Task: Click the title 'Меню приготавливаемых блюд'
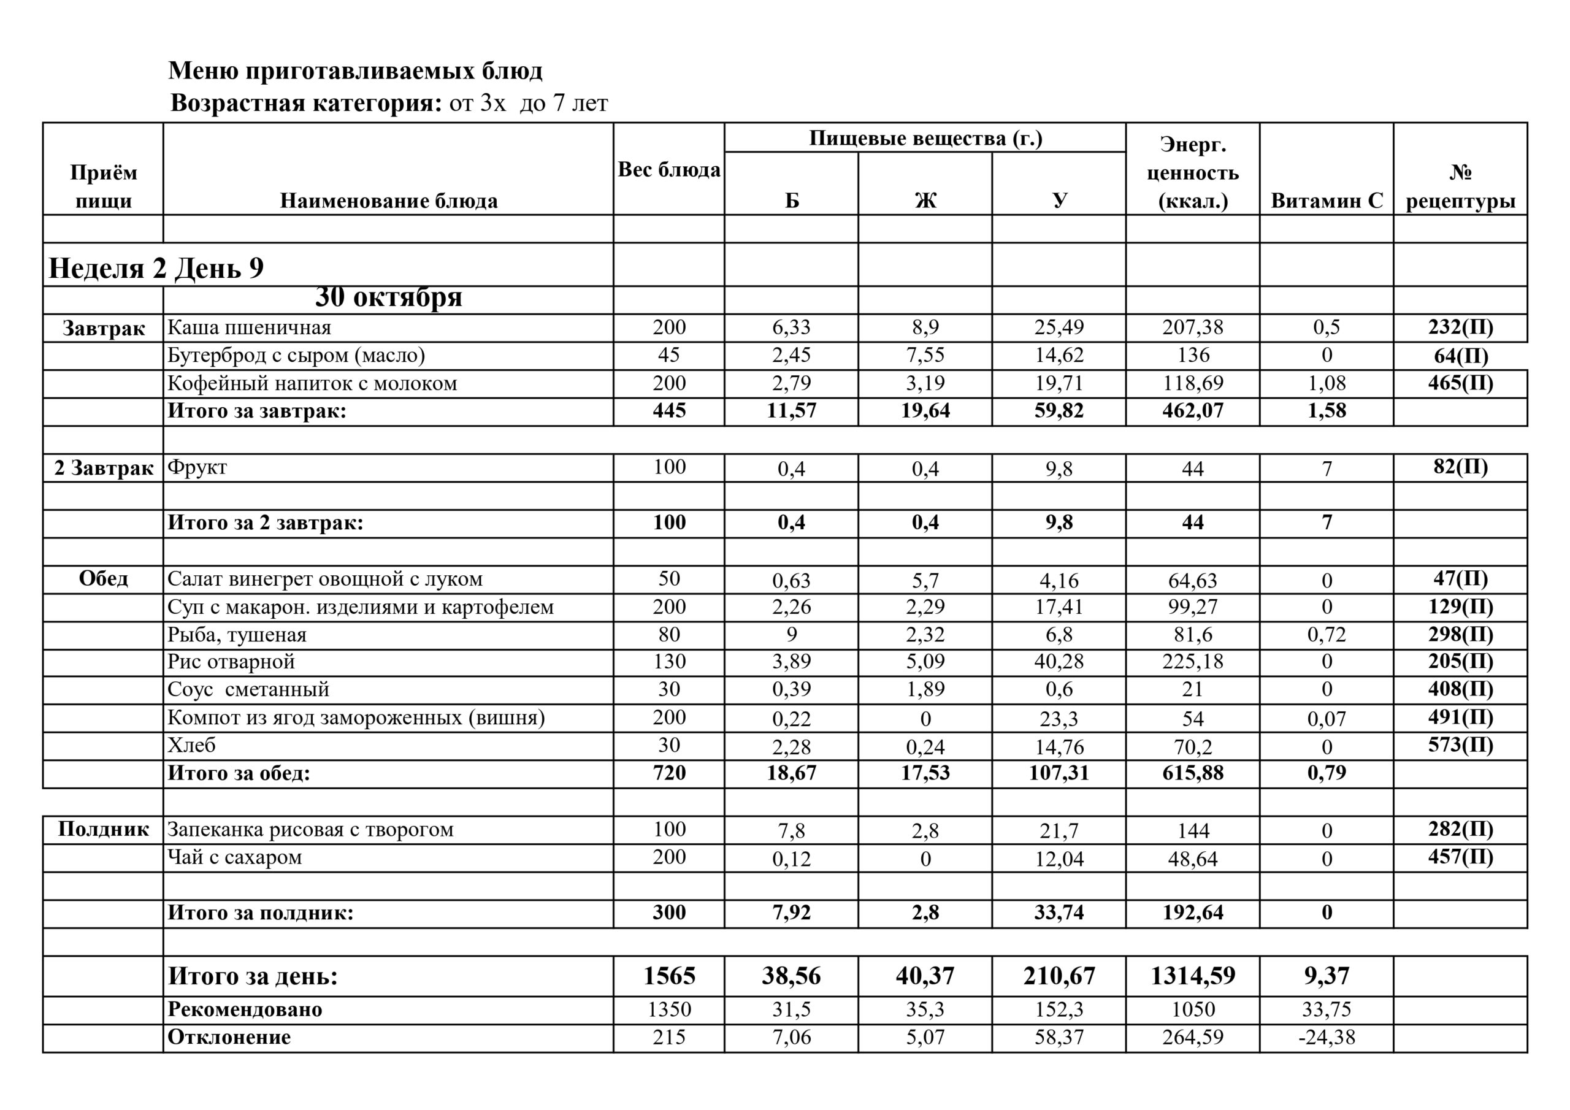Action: coord(355,71)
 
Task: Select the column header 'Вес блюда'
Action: coord(668,170)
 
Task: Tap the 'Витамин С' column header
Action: coord(1326,201)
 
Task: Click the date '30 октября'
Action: coord(388,297)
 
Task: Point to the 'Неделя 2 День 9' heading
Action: coord(156,267)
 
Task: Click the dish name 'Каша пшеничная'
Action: coord(249,327)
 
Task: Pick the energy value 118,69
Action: coord(1193,383)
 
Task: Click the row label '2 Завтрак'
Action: coord(103,468)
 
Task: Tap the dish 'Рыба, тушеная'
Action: coord(237,635)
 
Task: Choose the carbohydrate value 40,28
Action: coord(1059,661)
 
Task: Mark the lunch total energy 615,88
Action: coord(1193,773)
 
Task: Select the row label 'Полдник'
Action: coord(103,829)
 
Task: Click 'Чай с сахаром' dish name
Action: coord(234,857)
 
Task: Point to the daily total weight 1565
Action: coord(668,975)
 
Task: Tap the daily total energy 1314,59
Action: coord(1193,975)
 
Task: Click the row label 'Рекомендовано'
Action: coord(245,1009)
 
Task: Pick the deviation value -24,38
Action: coord(1326,1038)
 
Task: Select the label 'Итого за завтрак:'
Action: coord(257,411)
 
